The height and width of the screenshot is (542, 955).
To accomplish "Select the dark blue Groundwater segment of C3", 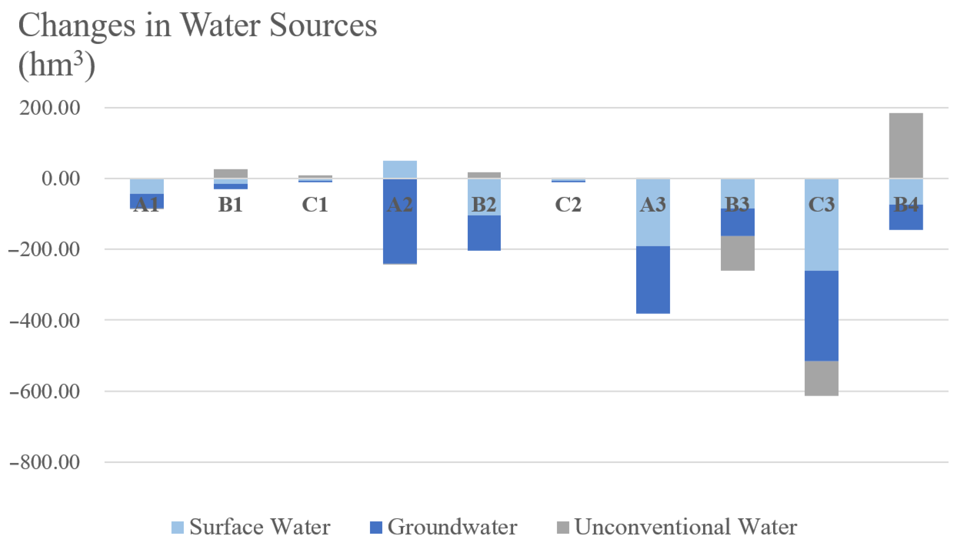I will coord(821,316).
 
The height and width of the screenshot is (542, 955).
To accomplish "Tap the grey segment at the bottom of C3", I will coord(821,378).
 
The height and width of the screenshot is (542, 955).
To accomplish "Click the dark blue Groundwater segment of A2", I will coord(400,234).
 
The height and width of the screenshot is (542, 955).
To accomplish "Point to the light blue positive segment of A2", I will coord(400,169).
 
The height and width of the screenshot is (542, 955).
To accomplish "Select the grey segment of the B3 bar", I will coord(737,253).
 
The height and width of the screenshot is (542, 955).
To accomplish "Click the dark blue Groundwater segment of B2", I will coord(484,233).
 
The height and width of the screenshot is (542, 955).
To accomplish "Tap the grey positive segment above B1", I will coord(231,174).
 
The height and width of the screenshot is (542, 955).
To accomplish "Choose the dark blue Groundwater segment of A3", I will coord(653,279).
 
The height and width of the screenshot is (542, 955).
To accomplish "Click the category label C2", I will coord(568,204).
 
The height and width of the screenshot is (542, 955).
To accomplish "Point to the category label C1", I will coord(315,204).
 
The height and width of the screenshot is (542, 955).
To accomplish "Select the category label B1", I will coord(231,204).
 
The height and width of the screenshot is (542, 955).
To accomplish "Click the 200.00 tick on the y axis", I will coord(50,108).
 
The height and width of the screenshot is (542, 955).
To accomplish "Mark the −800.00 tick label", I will coord(44,462).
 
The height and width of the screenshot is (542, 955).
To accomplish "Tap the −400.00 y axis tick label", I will coord(44,321).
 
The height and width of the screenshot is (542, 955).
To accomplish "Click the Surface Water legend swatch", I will coord(177,527).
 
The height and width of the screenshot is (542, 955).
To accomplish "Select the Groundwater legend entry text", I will coord(452,527).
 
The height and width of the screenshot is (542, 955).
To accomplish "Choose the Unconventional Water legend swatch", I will coord(562,527).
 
